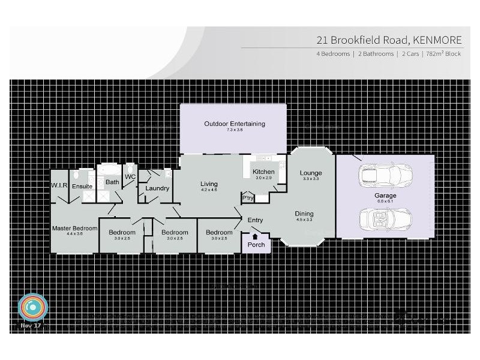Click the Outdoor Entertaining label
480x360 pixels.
(234, 124)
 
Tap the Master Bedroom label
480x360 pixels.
(74, 228)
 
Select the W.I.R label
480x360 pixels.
(58, 185)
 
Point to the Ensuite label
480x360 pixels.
(82, 187)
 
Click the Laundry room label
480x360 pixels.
(157, 188)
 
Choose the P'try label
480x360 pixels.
(247, 197)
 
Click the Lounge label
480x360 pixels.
(311, 173)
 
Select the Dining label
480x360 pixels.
(304, 214)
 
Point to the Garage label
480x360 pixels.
(386, 196)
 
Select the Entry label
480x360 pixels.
(255, 220)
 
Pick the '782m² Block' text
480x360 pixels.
(444, 54)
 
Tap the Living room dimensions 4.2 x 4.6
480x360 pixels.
(209, 190)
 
